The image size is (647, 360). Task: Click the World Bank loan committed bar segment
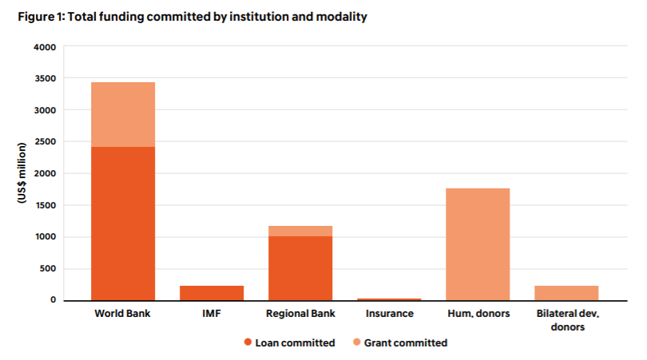pyautogui.click(x=123, y=224)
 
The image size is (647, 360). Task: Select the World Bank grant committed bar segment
pyautogui.click(x=123, y=114)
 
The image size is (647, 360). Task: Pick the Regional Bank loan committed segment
pyautogui.click(x=300, y=268)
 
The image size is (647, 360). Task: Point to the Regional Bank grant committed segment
pyautogui.click(x=300, y=231)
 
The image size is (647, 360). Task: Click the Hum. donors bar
pyautogui.click(x=478, y=244)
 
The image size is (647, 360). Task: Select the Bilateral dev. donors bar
pyautogui.click(x=566, y=293)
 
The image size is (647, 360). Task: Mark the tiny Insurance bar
pyautogui.click(x=389, y=299)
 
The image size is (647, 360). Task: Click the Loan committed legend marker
pyautogui.click(x=248, y=343)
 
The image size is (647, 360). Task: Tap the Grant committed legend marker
pyautogui.click(x=356, y=343)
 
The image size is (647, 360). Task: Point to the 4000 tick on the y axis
pyautogui.click(x=45, y=47)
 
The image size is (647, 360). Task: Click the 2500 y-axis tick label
pyautogui.click(x=45, y=142)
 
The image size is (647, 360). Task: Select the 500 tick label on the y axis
pyautogui.click(x=48, y=269)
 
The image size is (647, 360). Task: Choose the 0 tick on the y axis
pyautogui.click(x=53, y=300)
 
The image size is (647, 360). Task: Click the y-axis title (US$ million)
pyautogui.click(x=22, y=174)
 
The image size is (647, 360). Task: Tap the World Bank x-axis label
pyautogui.click(x=123, y=314)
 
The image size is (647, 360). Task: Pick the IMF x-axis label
pyautogui.click(x=212, y=314)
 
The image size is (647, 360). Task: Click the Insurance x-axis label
pyautogui.click(x=389, y=314)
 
